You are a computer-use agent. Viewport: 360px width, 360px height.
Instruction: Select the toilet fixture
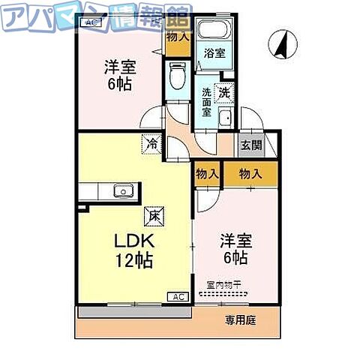pyautogui.click(x=176, y=75)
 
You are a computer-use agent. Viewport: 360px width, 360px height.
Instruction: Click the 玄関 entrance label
pyautogui.click(x=250, y=146)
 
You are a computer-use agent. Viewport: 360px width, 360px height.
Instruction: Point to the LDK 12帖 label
pyautogui.click(x=133, y=251)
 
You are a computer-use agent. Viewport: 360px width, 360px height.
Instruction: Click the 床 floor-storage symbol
pyautogui.click(x=153, y=214)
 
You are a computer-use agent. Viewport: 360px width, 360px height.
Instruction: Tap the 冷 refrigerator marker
pyautogui.click(x=153, y=142)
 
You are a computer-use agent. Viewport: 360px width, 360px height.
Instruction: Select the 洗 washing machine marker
pyautogui.click(x=223, y=93)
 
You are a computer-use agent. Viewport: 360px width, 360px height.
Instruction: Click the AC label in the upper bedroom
pyautogui.click(x=91, y=23)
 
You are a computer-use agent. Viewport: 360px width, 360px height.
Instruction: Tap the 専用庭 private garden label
pyautogui.click(x=241, y=320)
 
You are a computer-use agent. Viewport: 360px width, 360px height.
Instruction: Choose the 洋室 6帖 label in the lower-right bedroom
pyautogui.click(x=235, y=248)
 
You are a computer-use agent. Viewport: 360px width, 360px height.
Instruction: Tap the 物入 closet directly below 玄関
pyautogui.click(x=250, y=174)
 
